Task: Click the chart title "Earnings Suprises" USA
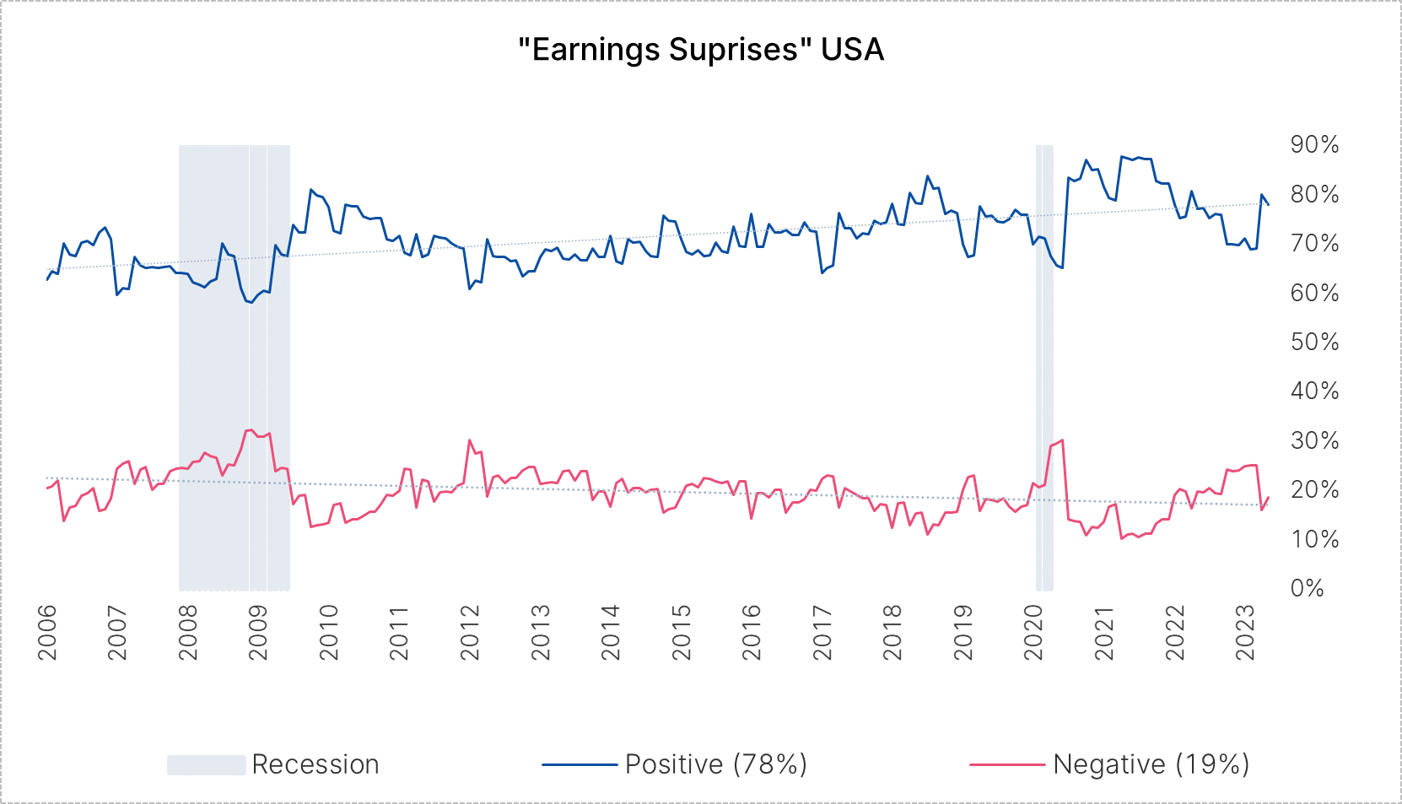[x=701, y=50]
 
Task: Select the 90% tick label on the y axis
[x=1314, y=145]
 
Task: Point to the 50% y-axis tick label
[x=1314, y=343]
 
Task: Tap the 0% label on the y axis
[x=1308, y=589]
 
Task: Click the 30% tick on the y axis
[x=1314, y=441]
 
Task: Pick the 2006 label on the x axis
[x=47, y=632]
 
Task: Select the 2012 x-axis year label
[x=470, y=632]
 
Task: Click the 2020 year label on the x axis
[x=1033, y=632]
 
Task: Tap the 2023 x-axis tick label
[x=1245, y=632]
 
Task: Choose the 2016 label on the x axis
[x=752, y=632]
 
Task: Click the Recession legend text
[x=315, y=764]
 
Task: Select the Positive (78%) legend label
[x=716, y=764]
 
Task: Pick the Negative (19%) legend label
[x=1151, y=764]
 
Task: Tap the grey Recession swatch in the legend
[x=207, y=764]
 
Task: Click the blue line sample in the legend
[x=580, y=764]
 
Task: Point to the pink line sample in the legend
[x=1007, y=764]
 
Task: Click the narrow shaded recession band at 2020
[x=1044, y=368]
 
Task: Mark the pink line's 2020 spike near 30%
[x=1061, y=440]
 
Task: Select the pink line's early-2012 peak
[x=470, y=440]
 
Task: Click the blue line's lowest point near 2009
[x=251, y=302]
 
